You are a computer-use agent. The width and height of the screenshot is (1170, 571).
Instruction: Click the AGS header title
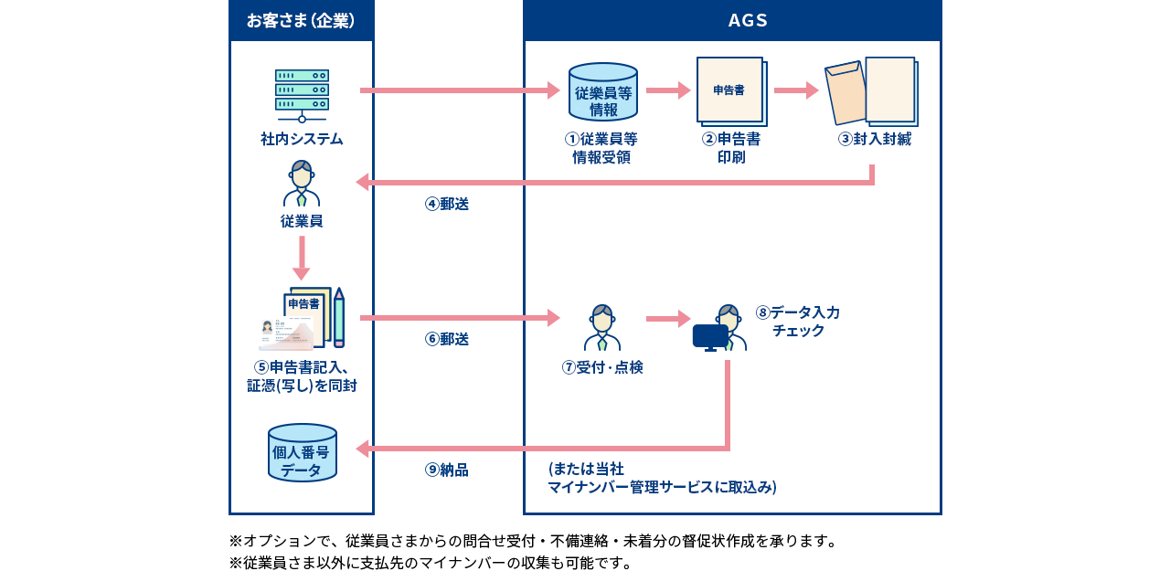[x=748, y=20]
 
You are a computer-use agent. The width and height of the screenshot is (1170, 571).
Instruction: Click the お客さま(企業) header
[x=301, y=20]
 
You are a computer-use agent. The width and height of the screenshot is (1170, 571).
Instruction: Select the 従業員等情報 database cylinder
[x=603, y=92]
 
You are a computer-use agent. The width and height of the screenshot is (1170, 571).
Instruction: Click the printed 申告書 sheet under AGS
[x=730, y=91]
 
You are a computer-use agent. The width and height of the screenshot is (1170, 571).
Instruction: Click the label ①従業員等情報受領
[x=601, y=148]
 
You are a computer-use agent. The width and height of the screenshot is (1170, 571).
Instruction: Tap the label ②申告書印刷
[x=730, y=148]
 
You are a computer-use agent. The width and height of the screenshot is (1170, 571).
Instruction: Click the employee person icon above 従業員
[x=302, y=185]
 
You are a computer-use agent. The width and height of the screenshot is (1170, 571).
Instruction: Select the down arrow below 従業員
[x=302, y=258]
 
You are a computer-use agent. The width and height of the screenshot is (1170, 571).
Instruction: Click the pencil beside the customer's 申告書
[x=339, y=317]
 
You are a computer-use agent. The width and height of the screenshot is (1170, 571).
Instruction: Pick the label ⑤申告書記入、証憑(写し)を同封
[x=302, y=376]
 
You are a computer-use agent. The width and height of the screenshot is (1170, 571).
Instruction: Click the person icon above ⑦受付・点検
[x=601, y=328]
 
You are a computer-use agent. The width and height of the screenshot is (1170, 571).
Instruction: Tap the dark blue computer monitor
[x=710, y=337]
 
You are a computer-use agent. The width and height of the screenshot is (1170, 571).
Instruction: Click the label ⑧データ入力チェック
[x=797, y=321]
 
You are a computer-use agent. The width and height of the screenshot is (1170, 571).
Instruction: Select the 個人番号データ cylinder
[x=302, y=453]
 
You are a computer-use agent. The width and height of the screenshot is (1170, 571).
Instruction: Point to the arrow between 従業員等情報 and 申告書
[x=668, y=90]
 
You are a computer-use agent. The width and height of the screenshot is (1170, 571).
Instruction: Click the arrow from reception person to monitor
[x=668, y=319]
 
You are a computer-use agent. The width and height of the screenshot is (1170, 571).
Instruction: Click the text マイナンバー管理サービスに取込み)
[x=662, y=487]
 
